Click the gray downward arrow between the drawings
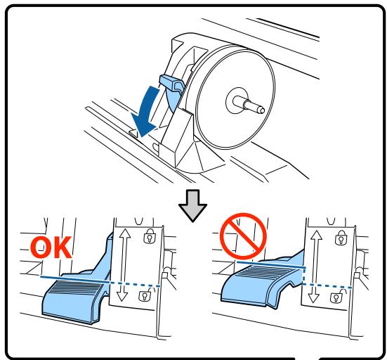tap(192, 205)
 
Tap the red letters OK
tap(51, 247)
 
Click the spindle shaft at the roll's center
tap(249, 105)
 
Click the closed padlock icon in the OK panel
tap(150, 236)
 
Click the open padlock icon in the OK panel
tap(145, 295)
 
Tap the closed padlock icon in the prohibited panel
tap(341, 238)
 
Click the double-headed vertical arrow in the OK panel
tap(124, 264)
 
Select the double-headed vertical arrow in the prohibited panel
tap(315, 266)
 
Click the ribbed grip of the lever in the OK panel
tap(74, 288)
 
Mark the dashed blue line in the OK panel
tap(135, 284)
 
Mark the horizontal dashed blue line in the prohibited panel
tap(327, 286)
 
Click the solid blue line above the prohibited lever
tap(271, 264)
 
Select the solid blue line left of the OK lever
tap(74, 279)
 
